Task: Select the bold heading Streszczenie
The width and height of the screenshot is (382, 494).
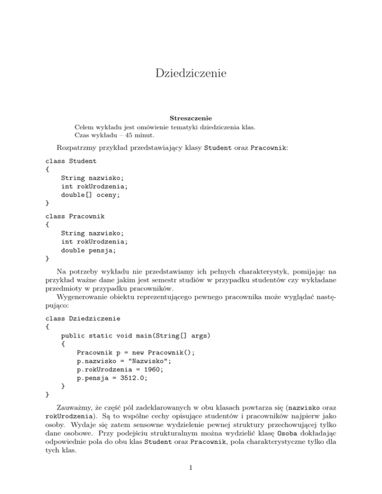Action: [x=191, y=118]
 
